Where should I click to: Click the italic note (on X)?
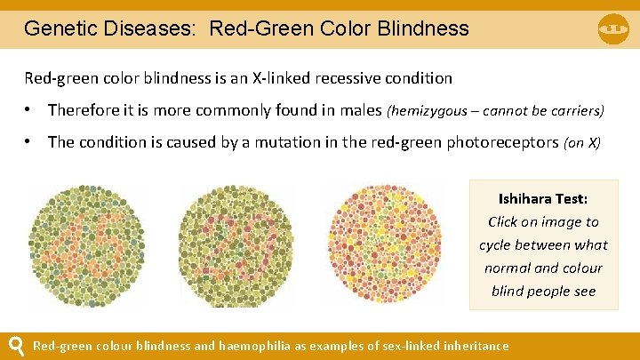pyautogui.click(x=582, y=143)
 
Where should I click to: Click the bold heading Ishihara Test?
pyautogui.click(x=542, y=198)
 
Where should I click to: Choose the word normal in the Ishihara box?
pyautogui.click(x=508, y=268)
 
